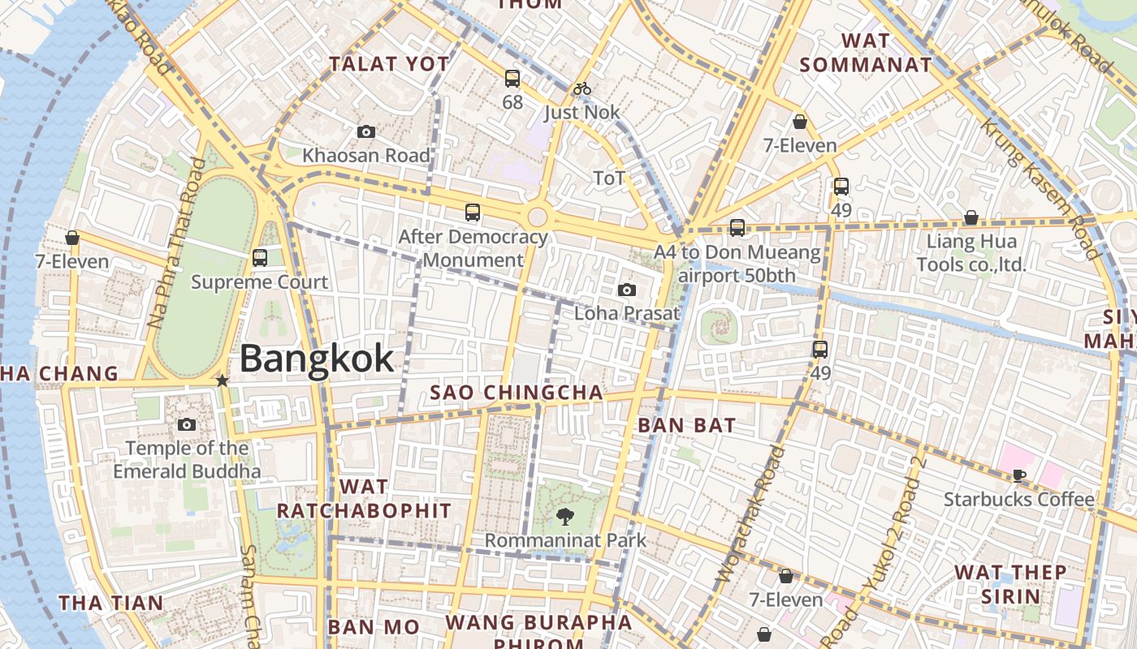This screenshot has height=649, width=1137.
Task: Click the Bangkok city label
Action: [317, 359]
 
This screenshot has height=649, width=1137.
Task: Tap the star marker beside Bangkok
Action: [222, 380]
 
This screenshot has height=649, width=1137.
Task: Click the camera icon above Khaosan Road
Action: [365, 131]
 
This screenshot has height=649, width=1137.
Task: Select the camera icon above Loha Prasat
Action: [626, 290]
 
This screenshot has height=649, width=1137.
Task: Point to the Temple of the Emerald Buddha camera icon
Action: [187, 424]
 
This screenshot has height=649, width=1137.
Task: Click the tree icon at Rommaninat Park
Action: [564, 515]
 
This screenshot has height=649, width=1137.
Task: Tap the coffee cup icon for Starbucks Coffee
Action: [1019, 476]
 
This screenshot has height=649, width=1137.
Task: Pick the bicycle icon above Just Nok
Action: [582, 88]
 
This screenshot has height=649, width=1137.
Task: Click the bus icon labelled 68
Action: [512, 79]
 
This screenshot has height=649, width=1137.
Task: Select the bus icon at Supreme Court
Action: [260, 258]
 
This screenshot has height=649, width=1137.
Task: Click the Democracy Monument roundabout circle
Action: [537, 217]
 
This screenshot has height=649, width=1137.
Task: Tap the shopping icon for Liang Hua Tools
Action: [971, 217]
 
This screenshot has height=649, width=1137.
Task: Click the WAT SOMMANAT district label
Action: [865, 53]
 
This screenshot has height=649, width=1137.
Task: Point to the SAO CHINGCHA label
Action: [517, 393]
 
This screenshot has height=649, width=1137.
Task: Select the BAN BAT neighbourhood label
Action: [686, 425]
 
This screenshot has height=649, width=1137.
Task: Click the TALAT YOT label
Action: [388, 64]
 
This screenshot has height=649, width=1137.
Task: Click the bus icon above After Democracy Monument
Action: [473, 213]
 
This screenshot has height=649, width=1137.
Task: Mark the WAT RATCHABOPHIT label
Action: [364, 499]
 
